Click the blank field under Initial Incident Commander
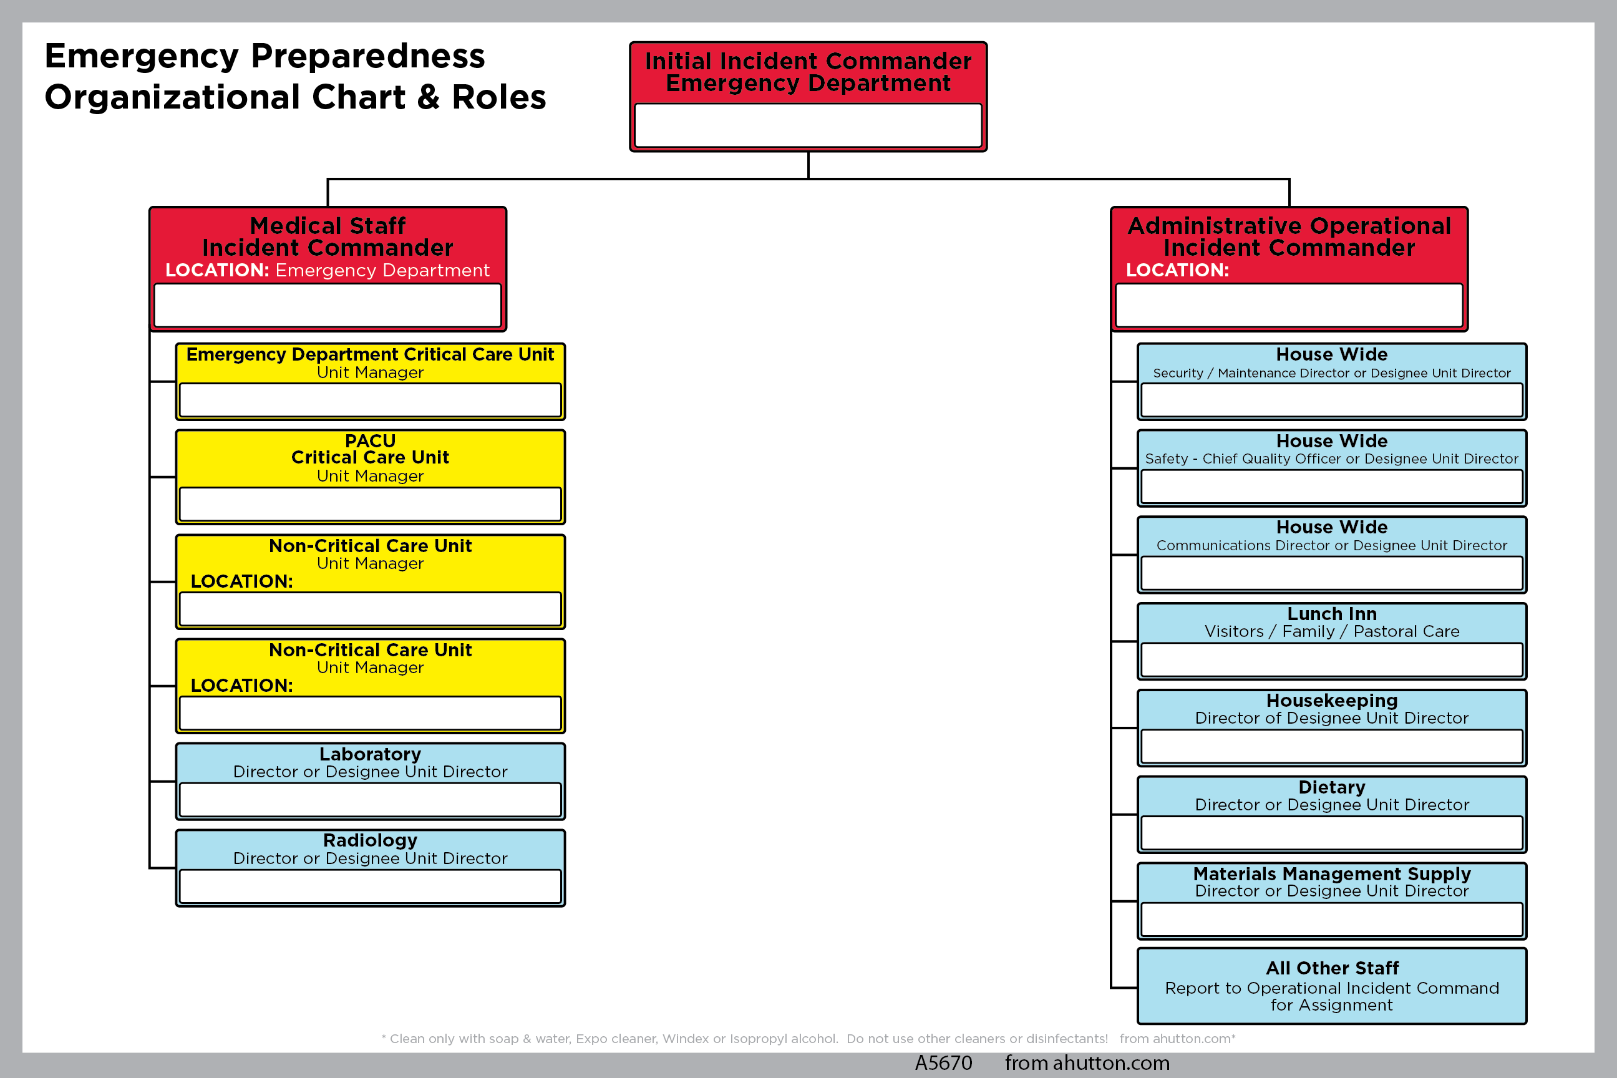pos(808,125)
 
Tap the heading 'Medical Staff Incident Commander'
pos(328,236)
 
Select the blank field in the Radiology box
pos(370,886)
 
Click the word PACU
pos(370,440)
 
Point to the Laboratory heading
pos(370,754)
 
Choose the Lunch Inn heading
pos(1332,613)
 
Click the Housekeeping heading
pos(1332,701)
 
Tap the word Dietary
pos(1332,787)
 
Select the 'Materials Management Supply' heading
pos(1332,874)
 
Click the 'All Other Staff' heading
pos(1332,968)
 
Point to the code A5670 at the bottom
pos(943,1063)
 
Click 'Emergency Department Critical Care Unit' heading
pos(370,354)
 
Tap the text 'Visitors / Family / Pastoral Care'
pos(1332,631)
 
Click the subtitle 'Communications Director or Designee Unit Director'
pos(1332,545)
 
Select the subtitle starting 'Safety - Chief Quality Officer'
pos(1332,459)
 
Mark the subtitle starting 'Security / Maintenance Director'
pos(1332,372)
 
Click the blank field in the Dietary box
pos(1332,833)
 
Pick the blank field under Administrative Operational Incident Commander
pos(1289,305)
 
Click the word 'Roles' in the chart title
pos(499,97)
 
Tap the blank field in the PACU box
pos(370,504)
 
